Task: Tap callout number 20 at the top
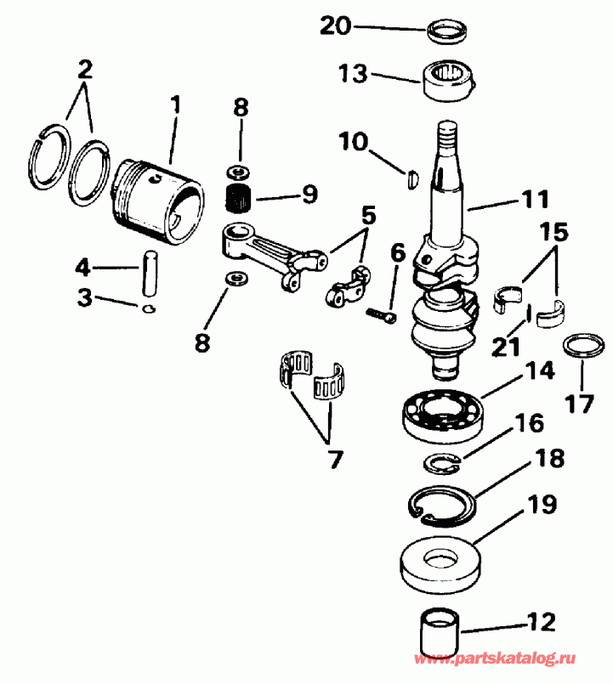pyautogui.click(x=335, y=26)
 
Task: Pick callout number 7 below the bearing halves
pyautogui.click(x=335, y=460)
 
